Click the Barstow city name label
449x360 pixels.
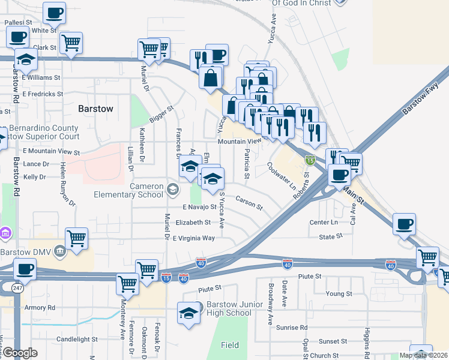(95, 109)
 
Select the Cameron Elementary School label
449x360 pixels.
(129, 190)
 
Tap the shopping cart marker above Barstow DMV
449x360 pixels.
(77, 239)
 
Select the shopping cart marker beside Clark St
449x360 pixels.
(71, 43)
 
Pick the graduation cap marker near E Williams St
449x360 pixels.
(26, 59)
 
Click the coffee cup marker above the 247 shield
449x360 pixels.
(25, 269)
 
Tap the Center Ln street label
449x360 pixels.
(324, 222)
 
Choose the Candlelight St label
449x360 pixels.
(77, 339)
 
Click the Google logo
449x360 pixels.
(19, 353)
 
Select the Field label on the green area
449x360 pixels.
(229, 345)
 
